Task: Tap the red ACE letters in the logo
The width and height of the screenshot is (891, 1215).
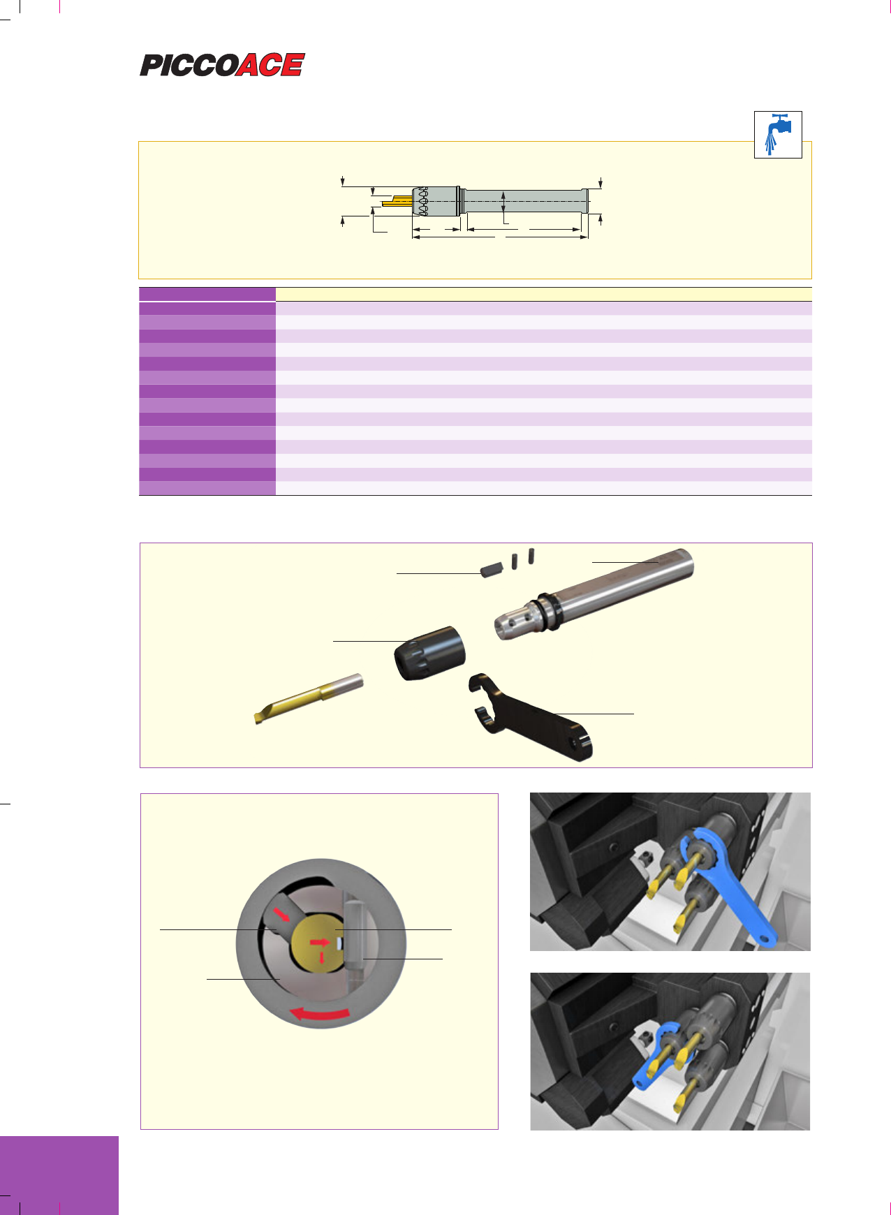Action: pyautogui.click(x=271, y=65)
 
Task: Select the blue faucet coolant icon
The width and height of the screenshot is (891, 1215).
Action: pyautogui.click(x=778, y=134)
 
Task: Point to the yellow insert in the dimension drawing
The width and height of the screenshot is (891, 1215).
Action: pyautogui.click(x=397, y=202)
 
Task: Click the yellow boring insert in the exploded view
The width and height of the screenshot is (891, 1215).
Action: pyautogui.click(x=309, y=698)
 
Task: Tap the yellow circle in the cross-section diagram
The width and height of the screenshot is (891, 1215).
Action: pyautogui.click(x=318, y=944)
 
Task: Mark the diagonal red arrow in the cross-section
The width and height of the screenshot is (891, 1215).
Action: pyautogui.click(x=282, y=913)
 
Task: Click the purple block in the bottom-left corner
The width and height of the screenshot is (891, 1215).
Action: pyautogui.click(x=59, y=1175)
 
